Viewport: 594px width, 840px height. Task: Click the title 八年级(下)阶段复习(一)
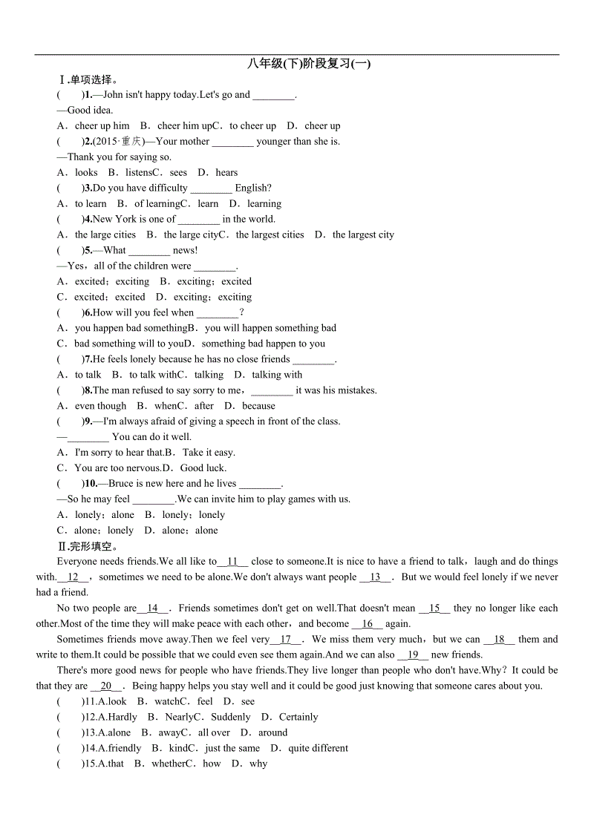[x=309, y=64]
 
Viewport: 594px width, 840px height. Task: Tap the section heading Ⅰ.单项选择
[x=88, y=79]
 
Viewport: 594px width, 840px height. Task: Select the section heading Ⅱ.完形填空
[x=88, y=546]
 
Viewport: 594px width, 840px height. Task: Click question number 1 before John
[x=88, y=95]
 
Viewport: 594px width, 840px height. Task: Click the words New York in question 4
[x=113, y=219]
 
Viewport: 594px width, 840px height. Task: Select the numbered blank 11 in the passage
[x=232, y=562]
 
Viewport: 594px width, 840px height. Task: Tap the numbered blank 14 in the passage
[x=154, y=608]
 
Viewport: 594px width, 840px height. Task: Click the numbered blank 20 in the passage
[x=106, y=686]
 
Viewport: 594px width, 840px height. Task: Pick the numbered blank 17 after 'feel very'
[x=286, y=640]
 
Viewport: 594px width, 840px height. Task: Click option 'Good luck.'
[x=203, y=468]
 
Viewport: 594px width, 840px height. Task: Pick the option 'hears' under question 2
[x=226, y=172]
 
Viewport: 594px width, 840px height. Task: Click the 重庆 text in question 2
[x=131, y=142]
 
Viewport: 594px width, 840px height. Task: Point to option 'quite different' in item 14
[x=318, y=748]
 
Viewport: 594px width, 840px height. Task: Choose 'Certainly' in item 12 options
[x=298, y=717]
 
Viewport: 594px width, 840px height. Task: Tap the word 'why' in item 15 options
[x=258, y=764]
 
